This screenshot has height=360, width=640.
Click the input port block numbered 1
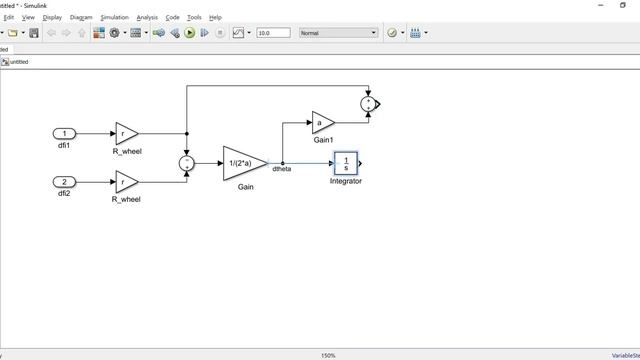(x=64, y=133)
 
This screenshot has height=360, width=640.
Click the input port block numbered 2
(x=64, y=182)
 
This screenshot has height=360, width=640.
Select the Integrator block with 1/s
(x=345, y=163)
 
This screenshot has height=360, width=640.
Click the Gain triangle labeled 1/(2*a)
(x=242, y=163)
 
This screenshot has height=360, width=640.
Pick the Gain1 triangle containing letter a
(x=321, y=123)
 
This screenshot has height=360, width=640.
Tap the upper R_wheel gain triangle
(x=125, y=133)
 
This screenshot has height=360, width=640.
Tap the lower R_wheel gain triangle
(x=125, y=182)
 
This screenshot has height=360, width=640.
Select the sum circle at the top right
(x=369, y=102)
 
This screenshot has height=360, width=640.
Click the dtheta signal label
(x=282, y=169)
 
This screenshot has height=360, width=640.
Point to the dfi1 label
(x=64, y=147)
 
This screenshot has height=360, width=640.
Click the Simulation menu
(x=114, y=17)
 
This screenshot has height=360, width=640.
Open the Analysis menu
(x=147, y=17)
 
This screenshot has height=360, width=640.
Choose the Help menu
(x=215, y=17)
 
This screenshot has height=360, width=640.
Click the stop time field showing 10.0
(x=272, y=33)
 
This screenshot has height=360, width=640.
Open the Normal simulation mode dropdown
(x=339, y=33)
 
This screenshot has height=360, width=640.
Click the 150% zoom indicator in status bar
(x=328, y=355)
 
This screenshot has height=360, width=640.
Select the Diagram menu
(x=81, y=17)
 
